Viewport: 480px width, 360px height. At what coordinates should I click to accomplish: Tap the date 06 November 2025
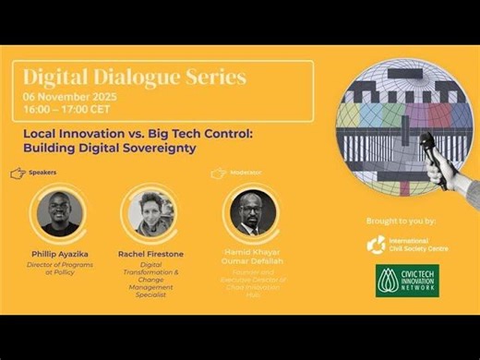pos(70,97)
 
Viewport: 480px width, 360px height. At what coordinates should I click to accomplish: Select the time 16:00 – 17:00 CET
pos(67,109)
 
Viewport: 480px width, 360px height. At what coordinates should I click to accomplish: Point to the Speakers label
pos(42,173)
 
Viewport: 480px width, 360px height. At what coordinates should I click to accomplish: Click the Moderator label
pos(246,173)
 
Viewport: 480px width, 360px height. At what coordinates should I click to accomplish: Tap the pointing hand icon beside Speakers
pos(17,173)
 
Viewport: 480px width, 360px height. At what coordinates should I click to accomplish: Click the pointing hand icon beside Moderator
pos(218,173)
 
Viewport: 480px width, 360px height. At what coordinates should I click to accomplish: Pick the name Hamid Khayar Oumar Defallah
pos(253,257)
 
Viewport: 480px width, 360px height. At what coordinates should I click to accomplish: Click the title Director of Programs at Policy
pos(62,270)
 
